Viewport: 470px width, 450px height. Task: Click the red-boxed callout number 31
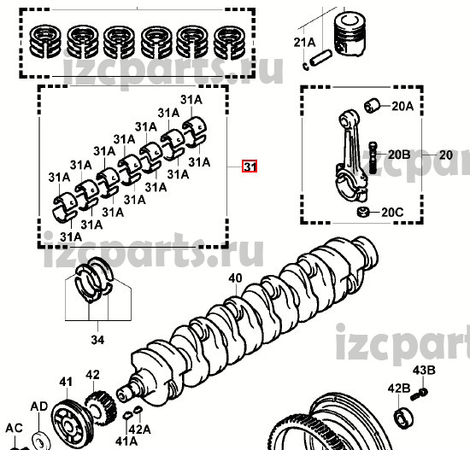point(250,167)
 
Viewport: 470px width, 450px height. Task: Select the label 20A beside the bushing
point(402,106)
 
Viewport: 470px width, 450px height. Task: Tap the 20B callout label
point(399,155)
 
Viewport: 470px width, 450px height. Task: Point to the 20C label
point(392,213)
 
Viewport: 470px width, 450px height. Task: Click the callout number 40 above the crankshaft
point(235,278)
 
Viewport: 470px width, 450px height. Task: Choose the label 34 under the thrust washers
point(97,340)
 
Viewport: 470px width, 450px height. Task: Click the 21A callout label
point(304,42)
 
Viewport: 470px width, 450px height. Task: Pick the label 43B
point(424,371)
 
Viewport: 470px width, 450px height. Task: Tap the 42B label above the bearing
point(399,389)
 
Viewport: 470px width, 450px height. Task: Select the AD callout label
point(39,406)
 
